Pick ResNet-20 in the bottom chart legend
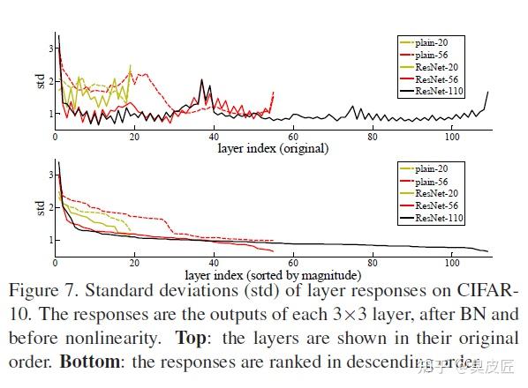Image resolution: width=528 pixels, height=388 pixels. tap(439, 193)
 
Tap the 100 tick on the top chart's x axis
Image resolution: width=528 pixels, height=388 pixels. tap(451, 136)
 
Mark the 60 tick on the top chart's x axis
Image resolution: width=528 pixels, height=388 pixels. tap(292, 136)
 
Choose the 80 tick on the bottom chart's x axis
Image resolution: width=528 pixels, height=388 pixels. tap(372, 262)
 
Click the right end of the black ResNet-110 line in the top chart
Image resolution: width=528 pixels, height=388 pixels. tap(487, 92)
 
